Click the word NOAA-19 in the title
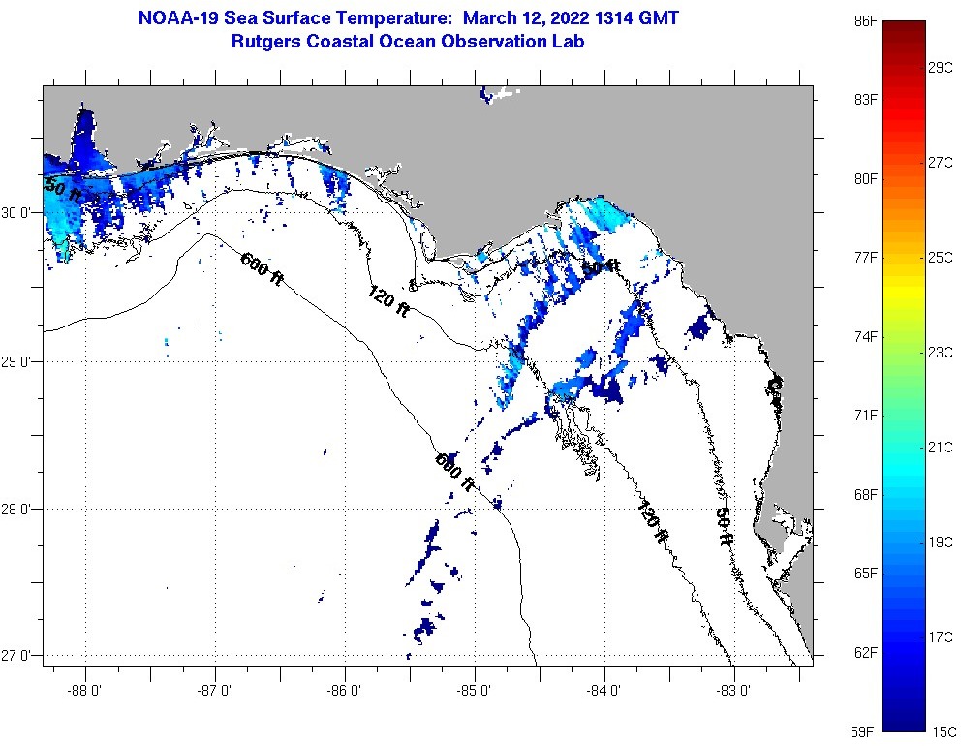(174, 18)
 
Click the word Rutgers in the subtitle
(264, 42)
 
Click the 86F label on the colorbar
(866, 20)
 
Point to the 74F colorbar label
(866, 336)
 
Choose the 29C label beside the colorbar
(942, 67)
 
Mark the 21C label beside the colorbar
(942, 447)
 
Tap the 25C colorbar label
(942, 257)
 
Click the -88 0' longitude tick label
(85, 692)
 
